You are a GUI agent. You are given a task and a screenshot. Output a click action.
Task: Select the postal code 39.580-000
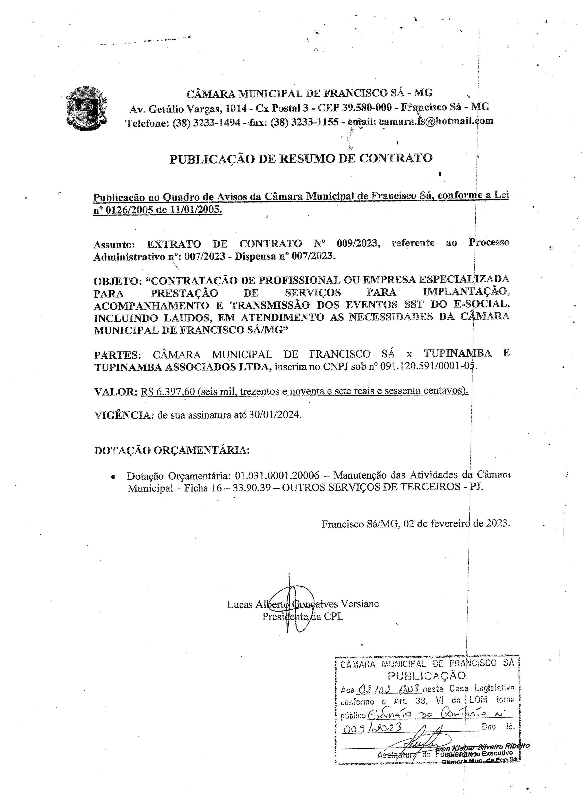click(x=367, y=107)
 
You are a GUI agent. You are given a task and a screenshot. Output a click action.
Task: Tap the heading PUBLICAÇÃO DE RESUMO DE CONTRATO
click(x=301, y=158)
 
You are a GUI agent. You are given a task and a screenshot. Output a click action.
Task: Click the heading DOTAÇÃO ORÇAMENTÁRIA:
click(x=172, y=450)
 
